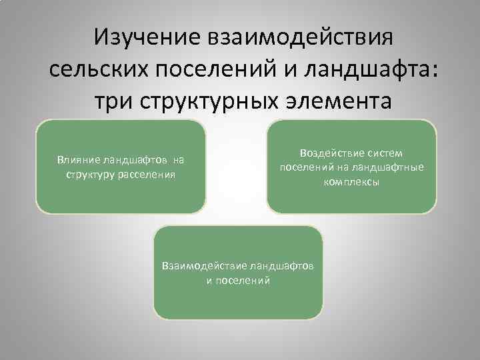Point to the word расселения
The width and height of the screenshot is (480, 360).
point(147,174)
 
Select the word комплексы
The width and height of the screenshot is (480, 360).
point(351,181)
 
